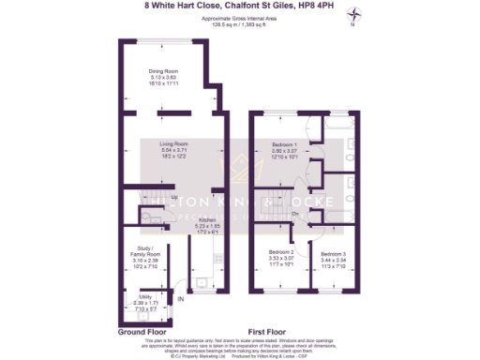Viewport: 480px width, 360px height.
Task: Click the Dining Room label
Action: pyautogui.click(x=170, y=69)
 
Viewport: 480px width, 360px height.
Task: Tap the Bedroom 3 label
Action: pyautogui.click(x=334, y=254)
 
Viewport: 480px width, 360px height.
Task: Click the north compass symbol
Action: pyautogui.click(x=354, y=14)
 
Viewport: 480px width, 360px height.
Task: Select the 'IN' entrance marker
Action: pyautogui.click(x=181, y=300)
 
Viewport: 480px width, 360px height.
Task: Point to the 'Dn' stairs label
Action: pyautogui.click(x=295, y=215)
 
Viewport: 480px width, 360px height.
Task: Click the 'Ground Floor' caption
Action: pyautogui.click(x=142, y=332)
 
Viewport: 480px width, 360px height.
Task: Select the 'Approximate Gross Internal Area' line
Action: pyautogui.click(x=239, y=17)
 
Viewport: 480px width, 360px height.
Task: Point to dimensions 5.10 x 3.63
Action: pyautogui.click(x=170, y=76)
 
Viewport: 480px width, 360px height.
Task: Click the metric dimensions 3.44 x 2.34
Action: pyautogui.click(x=334, y=260)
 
